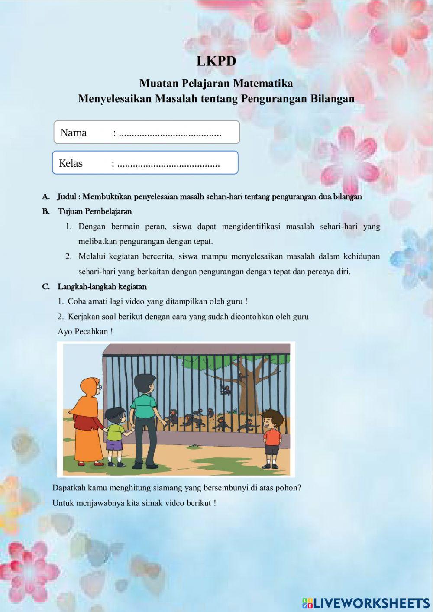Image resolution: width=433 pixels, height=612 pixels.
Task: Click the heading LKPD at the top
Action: (x=216, y=61)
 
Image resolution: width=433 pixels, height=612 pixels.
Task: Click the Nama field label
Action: (x=74, y=133)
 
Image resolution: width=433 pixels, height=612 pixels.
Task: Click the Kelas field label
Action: (x=71, y=163)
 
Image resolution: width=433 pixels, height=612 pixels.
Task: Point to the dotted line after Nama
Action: (x=170, y=133)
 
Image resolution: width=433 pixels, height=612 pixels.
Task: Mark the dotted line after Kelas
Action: (x=168, y=164)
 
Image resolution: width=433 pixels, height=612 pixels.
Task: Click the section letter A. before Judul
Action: (x=46, y=197)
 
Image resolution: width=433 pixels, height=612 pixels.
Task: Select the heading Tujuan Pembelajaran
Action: (x=95, y=211)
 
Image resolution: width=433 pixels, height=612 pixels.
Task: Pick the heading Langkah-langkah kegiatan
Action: (x=102, y=287)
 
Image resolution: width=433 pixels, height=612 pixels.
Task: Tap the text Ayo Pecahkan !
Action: (x=85, y=332)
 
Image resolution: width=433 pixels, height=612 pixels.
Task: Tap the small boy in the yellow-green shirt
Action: (x=115, y=433)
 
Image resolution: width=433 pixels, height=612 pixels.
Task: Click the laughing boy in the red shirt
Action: (x=272, y=435)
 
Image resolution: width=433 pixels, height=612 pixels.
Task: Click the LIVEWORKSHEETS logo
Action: (x=366, y=602)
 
